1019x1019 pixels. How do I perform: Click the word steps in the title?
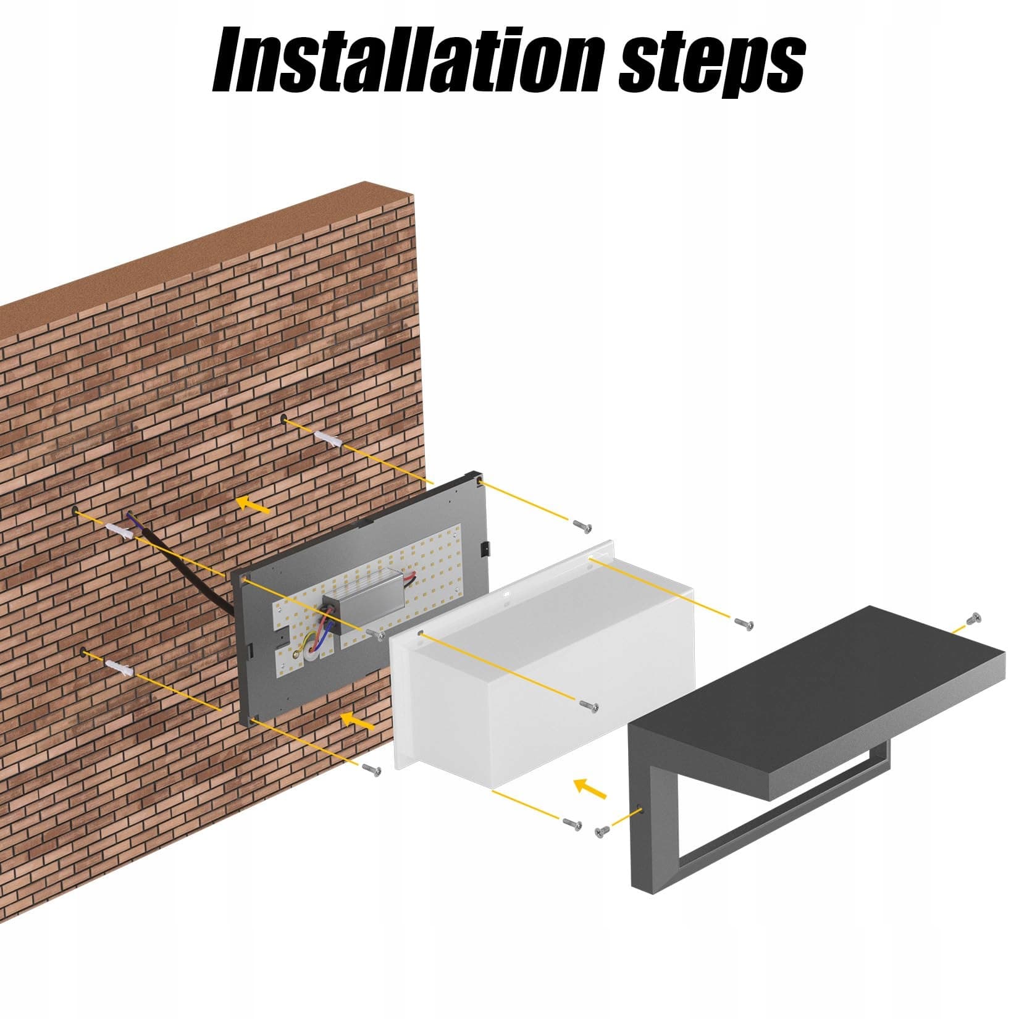pyautogui.click(x=712, y=63)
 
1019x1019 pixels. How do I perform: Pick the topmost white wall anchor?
pyautogui.click(x=328, y=440)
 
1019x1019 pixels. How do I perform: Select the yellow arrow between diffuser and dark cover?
pyautogui.click(x=590, y=788)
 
